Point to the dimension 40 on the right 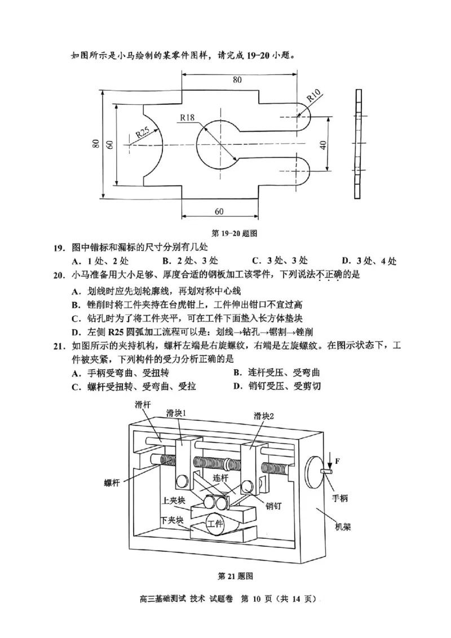(322, 144)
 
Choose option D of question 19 (369, 261)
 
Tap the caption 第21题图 (234, 576)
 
